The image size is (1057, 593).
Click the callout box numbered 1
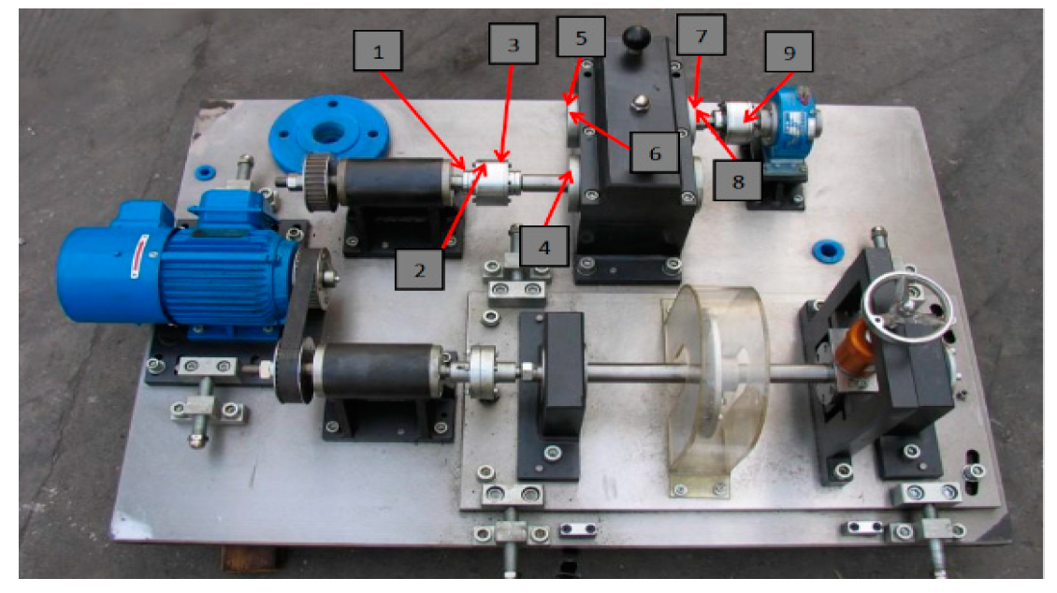[x=378, y=51]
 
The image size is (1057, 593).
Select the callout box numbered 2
[x=419, y=269]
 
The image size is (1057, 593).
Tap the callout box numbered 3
[x=513, y=44]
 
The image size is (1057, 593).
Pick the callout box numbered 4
[x=544, y=247]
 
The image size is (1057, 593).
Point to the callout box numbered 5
[x=581, y=36]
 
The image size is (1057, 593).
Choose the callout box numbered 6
[x=655, y=153]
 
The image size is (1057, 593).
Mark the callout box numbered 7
[x=701, y=35]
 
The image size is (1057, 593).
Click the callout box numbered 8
[x=738, y=181]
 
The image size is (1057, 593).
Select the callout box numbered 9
[x=789, y=51]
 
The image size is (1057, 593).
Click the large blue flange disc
[x=328, y=133]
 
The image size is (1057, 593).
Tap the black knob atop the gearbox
[x=636, y=37]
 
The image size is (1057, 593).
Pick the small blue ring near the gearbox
[x=828, y=251]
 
